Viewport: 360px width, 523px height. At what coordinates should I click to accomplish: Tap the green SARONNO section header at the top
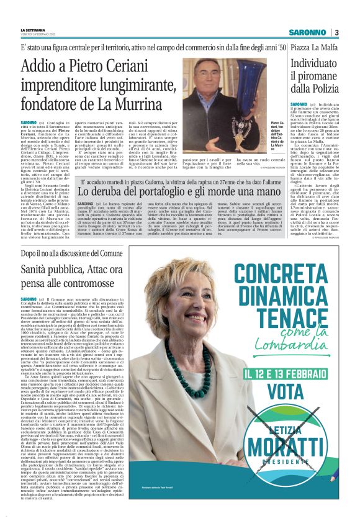click(x=307, y=32)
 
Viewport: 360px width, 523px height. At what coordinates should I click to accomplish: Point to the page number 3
click(x=336, y=32)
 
